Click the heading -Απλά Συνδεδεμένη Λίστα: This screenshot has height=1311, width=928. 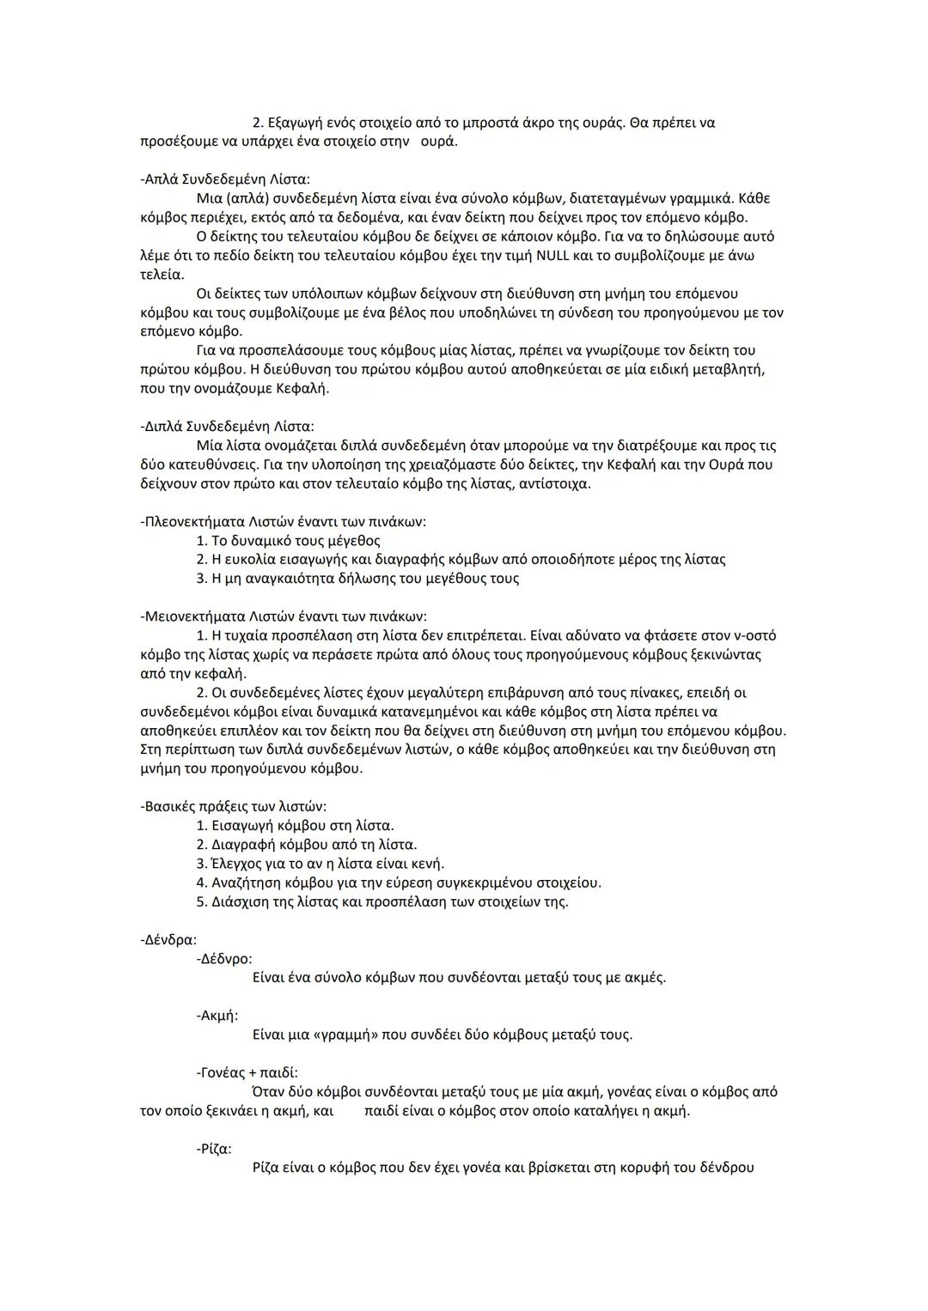point(225,179)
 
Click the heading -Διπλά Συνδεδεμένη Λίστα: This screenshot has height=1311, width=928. point(227,427)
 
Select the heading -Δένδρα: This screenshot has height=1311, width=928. point(168,940)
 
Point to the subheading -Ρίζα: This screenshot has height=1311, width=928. point(214,1149)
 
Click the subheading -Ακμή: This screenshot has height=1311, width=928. point(217,1016)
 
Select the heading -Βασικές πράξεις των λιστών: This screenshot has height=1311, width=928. point(233,807)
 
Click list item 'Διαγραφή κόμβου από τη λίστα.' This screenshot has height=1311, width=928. point(314,845)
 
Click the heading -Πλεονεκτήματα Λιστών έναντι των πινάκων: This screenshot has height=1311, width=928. point(283,522)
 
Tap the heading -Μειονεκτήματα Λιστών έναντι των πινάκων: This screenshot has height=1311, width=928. point(283,616)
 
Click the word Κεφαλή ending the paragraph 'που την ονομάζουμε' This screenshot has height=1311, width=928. point(302,389)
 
